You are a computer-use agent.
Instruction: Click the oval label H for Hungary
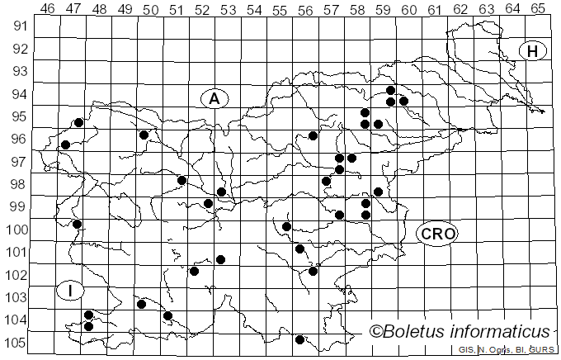pyautogui.click(x=533, y=51)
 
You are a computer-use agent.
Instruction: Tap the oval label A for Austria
pyautogui.click(x=214, y=98)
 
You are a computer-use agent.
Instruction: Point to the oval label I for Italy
pyautogui.click(x=71, y=291)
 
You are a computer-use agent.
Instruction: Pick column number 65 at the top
pyautogui.click(x=537, y=8)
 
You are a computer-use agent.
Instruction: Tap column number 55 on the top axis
pyautogui.click(x=280, y=8)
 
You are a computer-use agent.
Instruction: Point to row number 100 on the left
pyautogui.click(x=15, y=230)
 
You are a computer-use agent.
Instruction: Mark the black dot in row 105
pyautogui.click(x=299, y=339)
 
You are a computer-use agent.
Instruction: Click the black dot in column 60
pyautogui.click(x=403, y=101)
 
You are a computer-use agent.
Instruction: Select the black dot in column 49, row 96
pyautogui.click(x=144, y=135)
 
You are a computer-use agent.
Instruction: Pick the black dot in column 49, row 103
pyautogui.click(x=141, y=304)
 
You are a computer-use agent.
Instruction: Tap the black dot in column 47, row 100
pyautogui.click(x=77, y=224)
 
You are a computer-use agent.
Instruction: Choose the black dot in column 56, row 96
pyautogui.click(x=313, y=135)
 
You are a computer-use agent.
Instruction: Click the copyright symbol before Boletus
pyautogui.click(x=376, y=332)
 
